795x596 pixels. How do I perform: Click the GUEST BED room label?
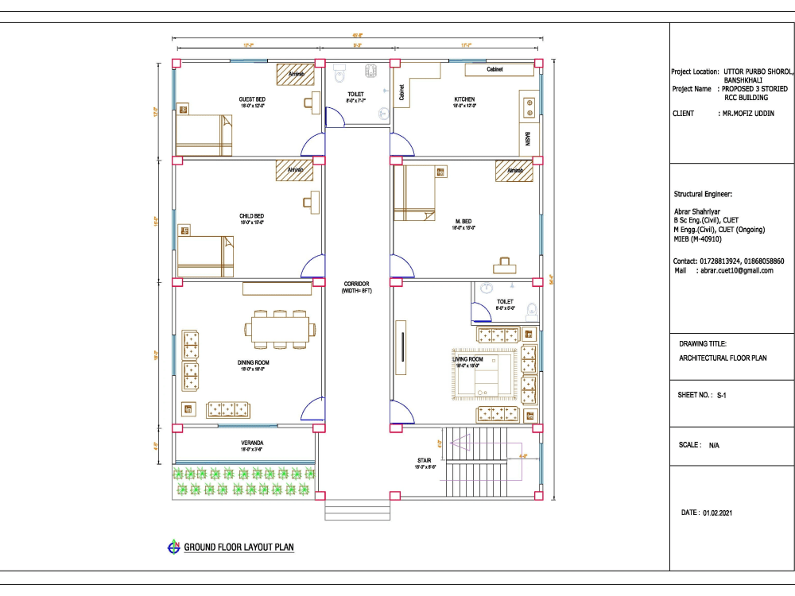pos(252,99)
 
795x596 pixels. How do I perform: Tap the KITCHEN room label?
pos(463,99)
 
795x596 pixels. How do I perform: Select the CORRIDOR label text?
pos(357,284)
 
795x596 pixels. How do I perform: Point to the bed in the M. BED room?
pos(416,193)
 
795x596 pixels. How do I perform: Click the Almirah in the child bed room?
pos(294,170)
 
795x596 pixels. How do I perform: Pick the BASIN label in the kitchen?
pos(528,139)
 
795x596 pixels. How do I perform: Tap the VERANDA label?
pos(252,443)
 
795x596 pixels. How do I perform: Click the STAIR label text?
pos(424,460)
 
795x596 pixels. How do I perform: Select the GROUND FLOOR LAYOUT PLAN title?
pos(239,548)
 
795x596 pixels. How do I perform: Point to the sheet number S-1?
pos(723,394)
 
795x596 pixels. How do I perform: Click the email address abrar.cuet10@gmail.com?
pos(736,270)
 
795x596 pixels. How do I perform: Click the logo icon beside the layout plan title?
pos(173,547)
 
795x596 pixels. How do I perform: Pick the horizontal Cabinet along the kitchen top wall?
pos(495,70)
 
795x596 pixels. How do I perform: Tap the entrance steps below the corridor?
pos(357,509)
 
